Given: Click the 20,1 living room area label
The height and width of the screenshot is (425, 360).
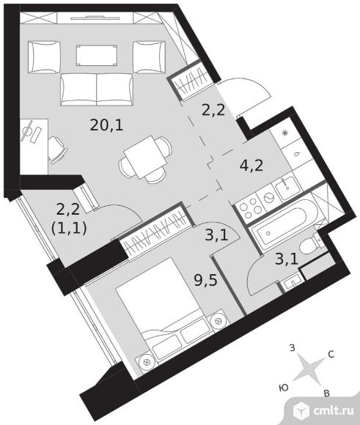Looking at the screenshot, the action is click(106, 125).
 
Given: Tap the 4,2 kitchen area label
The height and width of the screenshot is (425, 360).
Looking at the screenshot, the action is click(251, 166).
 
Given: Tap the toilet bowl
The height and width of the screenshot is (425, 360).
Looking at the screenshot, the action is click(310, 245).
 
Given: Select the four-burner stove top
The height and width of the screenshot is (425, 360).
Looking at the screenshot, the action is click(251, 208).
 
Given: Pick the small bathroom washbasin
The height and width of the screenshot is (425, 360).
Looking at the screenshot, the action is click(292, 283).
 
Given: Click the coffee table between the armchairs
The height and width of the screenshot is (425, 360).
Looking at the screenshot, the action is click(97, 56).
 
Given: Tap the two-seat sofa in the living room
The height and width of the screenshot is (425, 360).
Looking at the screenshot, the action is click(97, 89).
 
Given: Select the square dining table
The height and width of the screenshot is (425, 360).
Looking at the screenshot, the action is click(145, 158).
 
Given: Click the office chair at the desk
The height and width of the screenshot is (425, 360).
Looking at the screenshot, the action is click(57, 149).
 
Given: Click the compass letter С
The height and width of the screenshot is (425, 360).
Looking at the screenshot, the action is click(331, 354).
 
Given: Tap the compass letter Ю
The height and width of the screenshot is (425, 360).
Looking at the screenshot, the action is click(284, 388).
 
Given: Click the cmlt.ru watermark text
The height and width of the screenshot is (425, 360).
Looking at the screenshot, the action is click(334, 410).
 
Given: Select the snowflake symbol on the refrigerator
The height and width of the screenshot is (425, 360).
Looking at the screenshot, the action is click(285, 133).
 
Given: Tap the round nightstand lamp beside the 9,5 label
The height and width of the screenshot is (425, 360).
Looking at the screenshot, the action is click(218, 321).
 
